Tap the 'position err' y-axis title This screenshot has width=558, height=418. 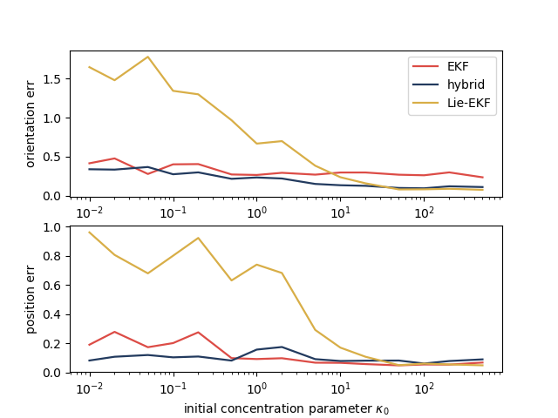(31, 300)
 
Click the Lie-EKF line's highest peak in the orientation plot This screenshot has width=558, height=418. (148, 57)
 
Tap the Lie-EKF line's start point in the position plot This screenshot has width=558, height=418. (90, 232)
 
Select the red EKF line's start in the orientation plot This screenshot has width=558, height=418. (90, 163)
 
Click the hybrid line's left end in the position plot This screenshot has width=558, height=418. (90, 361)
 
